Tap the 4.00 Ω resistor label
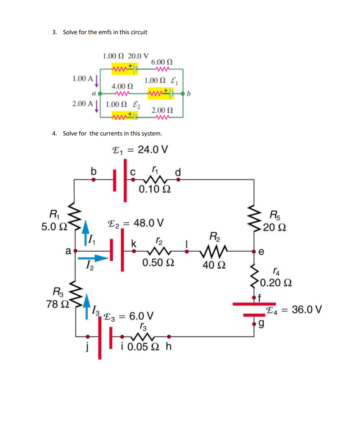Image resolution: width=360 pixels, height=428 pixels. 122,86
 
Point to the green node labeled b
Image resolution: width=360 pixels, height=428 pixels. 183,94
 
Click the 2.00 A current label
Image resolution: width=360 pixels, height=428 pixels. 82,104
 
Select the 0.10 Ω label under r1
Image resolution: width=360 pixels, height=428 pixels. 154,189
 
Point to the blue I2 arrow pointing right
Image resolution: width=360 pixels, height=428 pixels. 94,258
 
